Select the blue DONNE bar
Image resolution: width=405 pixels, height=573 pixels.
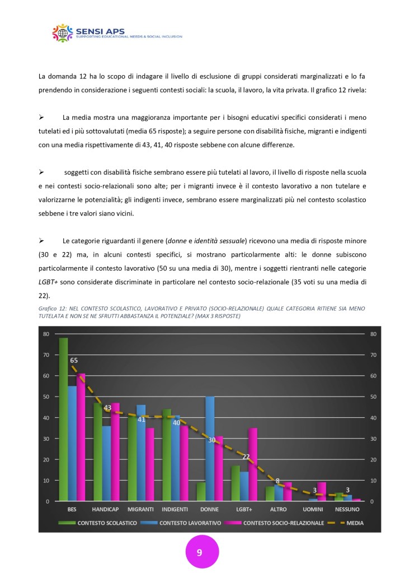[210, 449]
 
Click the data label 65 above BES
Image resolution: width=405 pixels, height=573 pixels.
[73, 361]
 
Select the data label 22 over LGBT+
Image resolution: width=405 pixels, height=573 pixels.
[245, 456]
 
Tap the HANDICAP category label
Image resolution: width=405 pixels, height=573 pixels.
[106, 510]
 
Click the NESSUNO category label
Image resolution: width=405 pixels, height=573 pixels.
[347, 510]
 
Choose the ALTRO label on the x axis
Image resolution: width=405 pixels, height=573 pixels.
[279, 510]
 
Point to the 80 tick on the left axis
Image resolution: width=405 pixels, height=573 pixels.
[46, 334]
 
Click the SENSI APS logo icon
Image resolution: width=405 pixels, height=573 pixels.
[63, 33]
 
